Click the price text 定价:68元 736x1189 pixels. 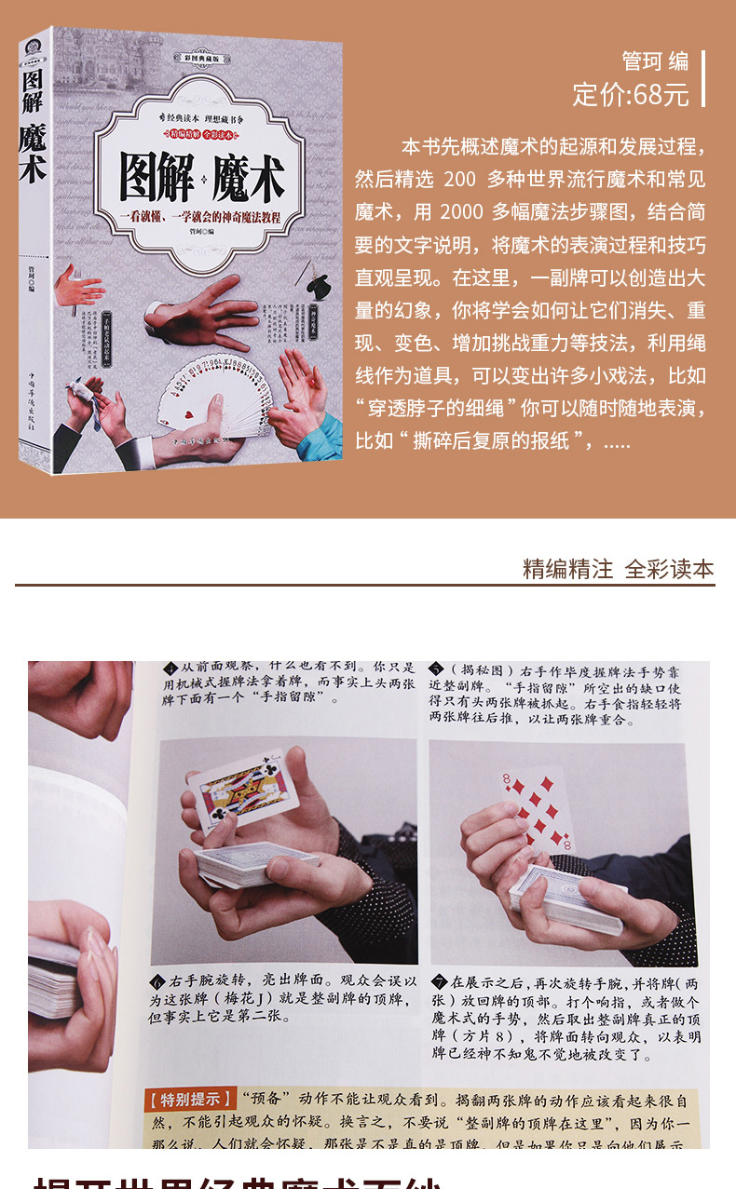click(631, 94)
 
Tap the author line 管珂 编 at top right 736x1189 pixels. click(655, 61)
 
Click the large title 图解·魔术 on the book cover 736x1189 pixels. click(202, 177)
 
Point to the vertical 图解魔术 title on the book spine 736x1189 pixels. click(34, 121)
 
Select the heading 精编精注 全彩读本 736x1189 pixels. click(618, 569)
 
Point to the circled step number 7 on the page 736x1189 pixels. click(439, 981)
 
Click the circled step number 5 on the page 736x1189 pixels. click(436, 669)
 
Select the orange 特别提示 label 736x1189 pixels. click(190, 1099)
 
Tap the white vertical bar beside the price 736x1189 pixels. click(702, 79)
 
